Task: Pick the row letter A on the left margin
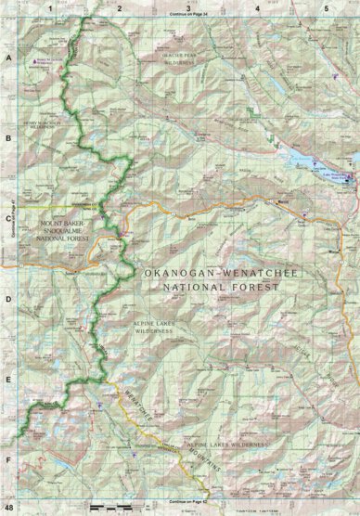(8, 57)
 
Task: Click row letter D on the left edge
(8, 299)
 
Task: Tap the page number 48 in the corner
(8, 509)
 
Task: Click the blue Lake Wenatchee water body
(310, 160)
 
